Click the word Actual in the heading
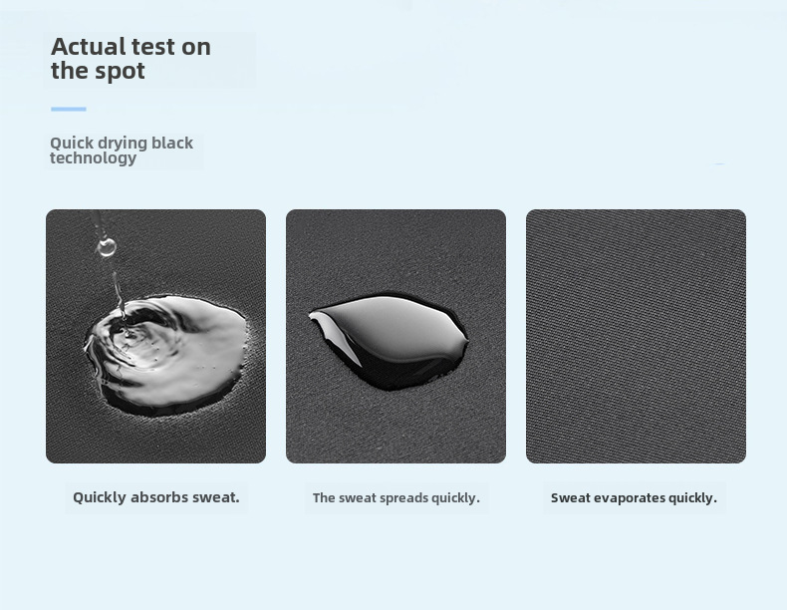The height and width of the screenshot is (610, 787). click(89, 47)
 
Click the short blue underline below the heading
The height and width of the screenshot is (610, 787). click(69, 109)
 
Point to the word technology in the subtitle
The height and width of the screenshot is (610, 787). click(93, 158)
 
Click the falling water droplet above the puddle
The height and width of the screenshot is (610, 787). click(107, 247)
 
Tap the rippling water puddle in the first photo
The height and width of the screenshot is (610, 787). click(166, 355)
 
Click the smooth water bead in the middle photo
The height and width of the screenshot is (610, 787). click(389, 341)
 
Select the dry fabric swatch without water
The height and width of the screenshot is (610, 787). click(636, 336)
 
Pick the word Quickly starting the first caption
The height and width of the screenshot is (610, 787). click(100, 498)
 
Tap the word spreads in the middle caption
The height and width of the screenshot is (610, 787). click(403, 498)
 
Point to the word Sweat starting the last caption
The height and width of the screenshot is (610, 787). click(570, 498)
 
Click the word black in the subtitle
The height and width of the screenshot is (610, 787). click(172, 143)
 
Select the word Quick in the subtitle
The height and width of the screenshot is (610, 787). click(72, 144)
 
